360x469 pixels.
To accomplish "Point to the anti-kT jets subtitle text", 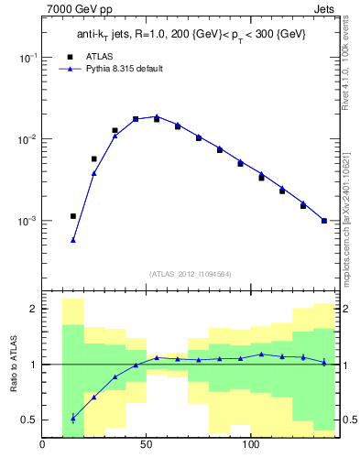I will point(188,35).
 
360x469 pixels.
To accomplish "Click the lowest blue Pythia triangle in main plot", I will point(73,240).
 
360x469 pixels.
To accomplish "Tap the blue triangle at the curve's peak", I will point(157,116).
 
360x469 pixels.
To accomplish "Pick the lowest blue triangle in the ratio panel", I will point(73,418).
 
